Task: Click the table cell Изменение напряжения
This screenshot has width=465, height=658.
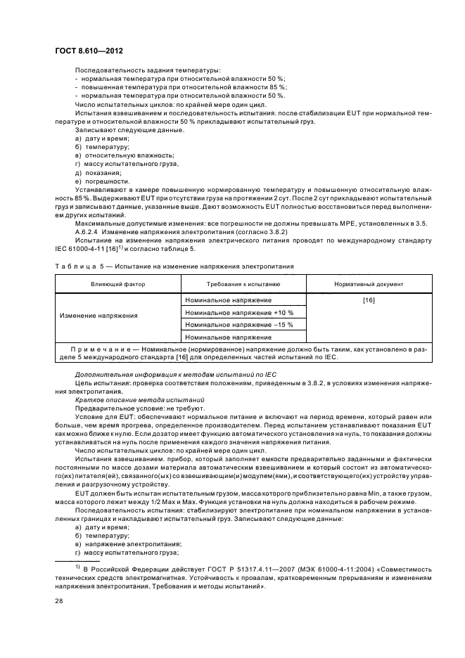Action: [x=108, y=316]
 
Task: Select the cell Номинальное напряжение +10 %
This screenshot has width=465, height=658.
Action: [x=238, y=312]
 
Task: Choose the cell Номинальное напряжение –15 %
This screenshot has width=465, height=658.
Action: [x=238, y=325]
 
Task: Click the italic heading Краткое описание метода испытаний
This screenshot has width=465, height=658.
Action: [x=125, y=399]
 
